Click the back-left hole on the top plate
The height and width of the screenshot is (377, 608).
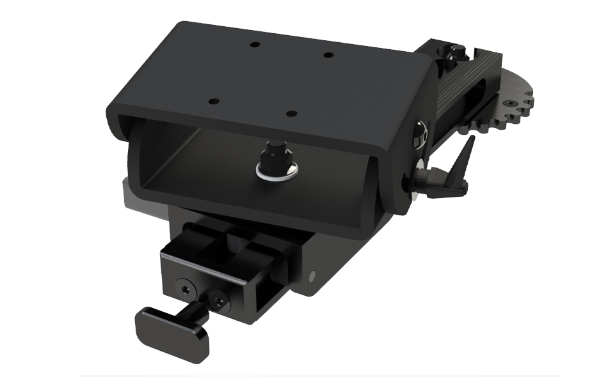[255, 45]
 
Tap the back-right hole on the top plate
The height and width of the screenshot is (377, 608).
[328, 55]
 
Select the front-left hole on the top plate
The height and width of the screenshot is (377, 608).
[214, 102]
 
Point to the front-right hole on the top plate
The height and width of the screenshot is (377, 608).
[291, 114]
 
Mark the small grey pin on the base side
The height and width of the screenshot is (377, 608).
[313, 276]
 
